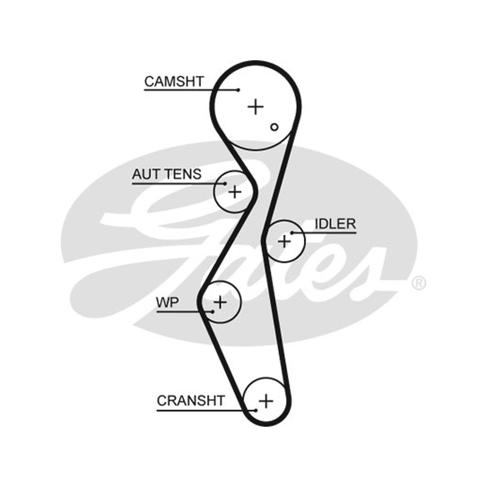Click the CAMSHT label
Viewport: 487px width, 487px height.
coord(174,82)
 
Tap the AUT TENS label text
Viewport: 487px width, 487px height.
coord(167,174)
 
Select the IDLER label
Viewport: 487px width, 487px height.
coord(335,224)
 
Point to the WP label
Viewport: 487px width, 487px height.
coord(167,302)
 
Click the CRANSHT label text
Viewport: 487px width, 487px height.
coord(191,401)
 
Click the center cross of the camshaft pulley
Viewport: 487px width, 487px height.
coord(256,107)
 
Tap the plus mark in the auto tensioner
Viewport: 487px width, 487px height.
coord(235,192)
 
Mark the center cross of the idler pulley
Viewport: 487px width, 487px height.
coord(284,241)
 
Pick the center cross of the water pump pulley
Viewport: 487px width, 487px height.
coord(220,302)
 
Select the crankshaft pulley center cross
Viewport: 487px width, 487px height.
coord(266,401)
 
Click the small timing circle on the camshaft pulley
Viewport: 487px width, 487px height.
coord(275,127)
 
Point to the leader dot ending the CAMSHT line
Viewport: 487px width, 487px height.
coord(239,90)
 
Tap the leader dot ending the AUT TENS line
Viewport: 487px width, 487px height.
coord(225,184)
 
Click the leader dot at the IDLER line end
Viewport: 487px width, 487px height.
coord(292,233)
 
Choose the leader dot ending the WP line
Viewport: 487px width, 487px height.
coord(212,312)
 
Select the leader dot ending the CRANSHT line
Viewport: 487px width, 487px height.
coord(256,410)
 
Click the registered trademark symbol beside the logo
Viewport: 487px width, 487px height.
coord(419,283)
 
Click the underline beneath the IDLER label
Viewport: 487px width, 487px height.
coord(324,233)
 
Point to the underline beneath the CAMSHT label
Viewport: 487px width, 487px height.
coord(191,90)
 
